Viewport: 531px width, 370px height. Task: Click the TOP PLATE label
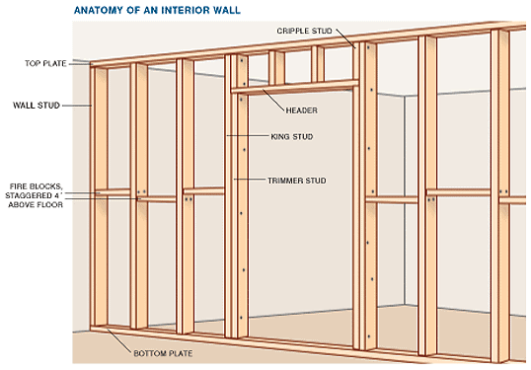pos(45,63)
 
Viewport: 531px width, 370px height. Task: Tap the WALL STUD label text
pos(37,106)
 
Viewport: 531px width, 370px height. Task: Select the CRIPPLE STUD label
pos(304,31)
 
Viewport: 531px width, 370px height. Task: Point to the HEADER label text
pos(302,111)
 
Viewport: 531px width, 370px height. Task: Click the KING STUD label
pos(292,137)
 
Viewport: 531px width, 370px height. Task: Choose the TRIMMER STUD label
pos(297,181)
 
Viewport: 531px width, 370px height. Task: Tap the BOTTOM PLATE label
pos(163,353)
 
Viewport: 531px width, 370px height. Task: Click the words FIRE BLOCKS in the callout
pos(36,186)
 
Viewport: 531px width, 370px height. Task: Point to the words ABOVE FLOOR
pos(36,205)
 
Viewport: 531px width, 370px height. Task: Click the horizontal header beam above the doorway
pos(295,87)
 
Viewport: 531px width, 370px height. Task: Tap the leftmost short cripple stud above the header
pos(276,68)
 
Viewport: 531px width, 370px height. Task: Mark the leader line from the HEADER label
pos(273,101)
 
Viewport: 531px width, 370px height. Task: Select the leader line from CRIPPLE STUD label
pos(345,38)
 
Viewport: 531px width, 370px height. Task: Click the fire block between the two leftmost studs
pos(113,192)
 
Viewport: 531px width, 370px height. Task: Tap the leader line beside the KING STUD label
pos(248,136)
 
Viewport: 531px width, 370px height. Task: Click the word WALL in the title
pos(227,10)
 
